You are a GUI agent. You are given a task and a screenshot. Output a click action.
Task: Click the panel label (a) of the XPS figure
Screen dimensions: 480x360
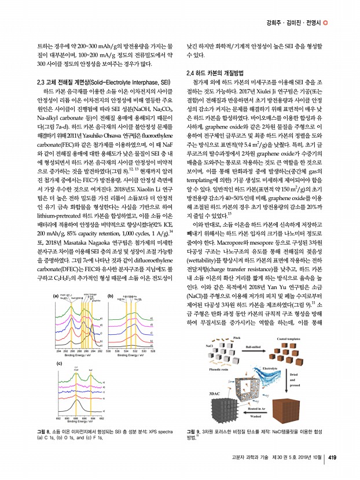tap(56, 296)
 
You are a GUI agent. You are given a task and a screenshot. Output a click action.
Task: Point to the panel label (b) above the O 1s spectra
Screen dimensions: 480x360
tap(109, 296)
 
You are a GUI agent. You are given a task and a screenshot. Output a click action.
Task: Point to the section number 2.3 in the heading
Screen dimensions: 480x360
tap(42, 82)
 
